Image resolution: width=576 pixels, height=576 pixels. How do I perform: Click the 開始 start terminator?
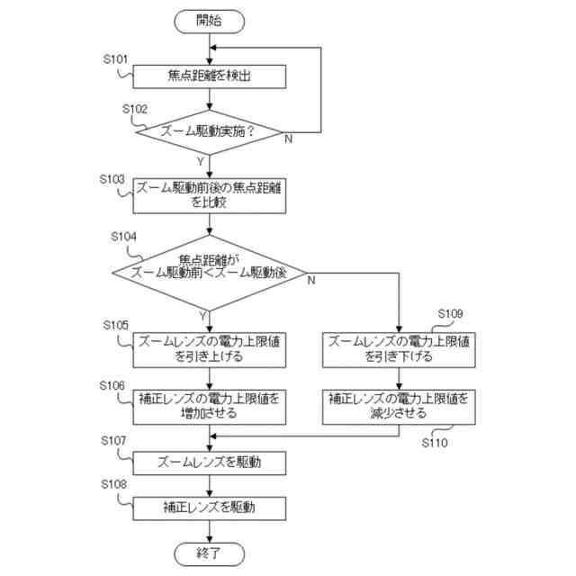209,22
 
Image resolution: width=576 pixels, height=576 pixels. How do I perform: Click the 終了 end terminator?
209,554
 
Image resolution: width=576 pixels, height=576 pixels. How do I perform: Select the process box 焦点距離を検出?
210,76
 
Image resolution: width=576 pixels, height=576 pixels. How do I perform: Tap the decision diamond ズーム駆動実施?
209,132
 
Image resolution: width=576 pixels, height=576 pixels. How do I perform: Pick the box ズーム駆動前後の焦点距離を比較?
210,196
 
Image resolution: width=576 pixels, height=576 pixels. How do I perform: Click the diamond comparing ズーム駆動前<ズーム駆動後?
209,273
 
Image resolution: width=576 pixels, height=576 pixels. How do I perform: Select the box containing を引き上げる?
210,350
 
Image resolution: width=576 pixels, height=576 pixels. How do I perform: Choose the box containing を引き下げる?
399,350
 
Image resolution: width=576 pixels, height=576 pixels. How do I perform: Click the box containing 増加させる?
210,407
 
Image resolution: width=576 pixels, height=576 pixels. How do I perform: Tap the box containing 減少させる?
399,407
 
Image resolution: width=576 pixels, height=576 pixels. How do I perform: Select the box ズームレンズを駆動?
210,463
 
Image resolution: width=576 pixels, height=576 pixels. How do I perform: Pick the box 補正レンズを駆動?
210,508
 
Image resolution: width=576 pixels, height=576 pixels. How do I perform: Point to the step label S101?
115,59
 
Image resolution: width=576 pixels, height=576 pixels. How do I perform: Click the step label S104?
123,237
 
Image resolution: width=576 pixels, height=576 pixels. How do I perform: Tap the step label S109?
450,314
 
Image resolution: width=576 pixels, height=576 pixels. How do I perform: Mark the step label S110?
435,443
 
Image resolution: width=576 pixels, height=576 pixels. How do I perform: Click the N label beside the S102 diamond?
289,139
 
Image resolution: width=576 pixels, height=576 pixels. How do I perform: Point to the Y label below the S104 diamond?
202,316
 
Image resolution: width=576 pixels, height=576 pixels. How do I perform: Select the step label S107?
113,440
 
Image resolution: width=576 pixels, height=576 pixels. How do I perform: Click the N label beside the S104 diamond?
311,280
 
